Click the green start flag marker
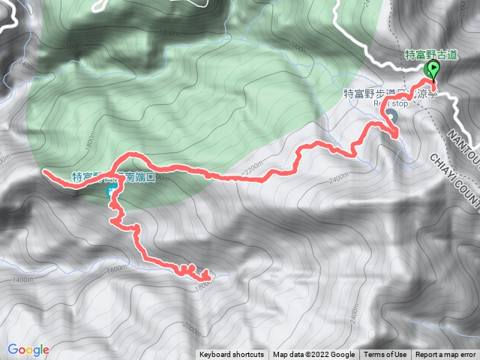(x=433, y=70)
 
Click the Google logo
(x=28, y=349)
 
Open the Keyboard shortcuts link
(x=232, y=355)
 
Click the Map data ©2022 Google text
(x=313, y=355)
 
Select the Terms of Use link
(x=385, y=355)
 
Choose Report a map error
(x=445, y=355)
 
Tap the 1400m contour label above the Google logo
(x=23, y=280)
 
